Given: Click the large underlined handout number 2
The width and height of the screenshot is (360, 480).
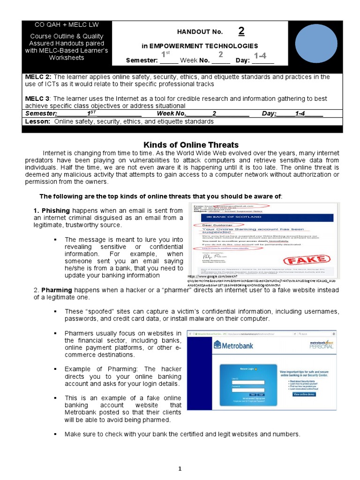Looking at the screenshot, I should [241, 31].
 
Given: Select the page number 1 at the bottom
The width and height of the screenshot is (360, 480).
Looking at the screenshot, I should [180, 468].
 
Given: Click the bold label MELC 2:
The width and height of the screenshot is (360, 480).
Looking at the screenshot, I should [38, 77].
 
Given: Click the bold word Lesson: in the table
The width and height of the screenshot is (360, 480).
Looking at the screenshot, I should [38, 121].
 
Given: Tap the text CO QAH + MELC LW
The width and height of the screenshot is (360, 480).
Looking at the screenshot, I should [67, 25].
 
